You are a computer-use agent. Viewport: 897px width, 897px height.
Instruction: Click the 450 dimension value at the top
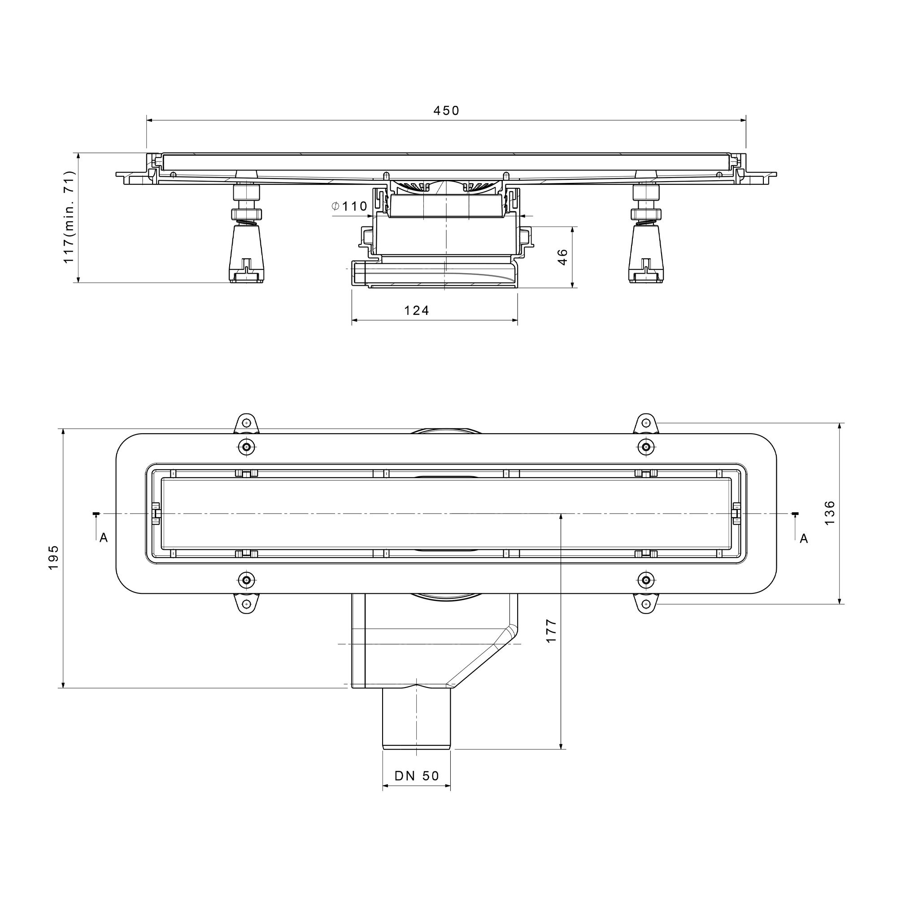pyautogui.click(x=446, y=110)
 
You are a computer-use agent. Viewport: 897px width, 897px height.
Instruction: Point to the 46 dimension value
pyautogui.click(x=562, y=257)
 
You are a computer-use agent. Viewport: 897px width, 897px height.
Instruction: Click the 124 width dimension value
pyautogui.click(x=417, y=311)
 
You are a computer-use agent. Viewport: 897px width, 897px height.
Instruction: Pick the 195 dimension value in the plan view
pyautogui.click(x=53, y=557)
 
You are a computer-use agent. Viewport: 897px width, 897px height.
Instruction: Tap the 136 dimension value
pyautogui.click(x=829, y=513)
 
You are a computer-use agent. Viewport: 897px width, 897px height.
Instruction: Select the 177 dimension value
pyautogui.click(x=551, y=631)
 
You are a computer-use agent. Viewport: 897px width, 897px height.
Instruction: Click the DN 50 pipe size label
pyautogui.click(x=417, y=776)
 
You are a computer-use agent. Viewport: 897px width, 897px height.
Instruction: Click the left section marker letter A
pyautogui.click(x=104, y=538)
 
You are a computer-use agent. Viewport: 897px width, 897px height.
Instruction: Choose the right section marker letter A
pyautogui.click(x=804, y=539)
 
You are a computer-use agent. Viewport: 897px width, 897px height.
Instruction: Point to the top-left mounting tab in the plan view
pyautogui.click(x=247, y=423)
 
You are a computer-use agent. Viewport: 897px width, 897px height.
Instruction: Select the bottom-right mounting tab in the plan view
pyautogui.click(x=646, y=604)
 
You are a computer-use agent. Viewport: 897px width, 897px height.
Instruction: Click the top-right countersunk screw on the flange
pyautogui.click(x=646, y=447)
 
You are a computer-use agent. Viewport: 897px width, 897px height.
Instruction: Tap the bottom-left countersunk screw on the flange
pyautogui.click(x=247, y=580)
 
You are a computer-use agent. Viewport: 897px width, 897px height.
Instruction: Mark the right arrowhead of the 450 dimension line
pyautogui.click(x=742, y=120)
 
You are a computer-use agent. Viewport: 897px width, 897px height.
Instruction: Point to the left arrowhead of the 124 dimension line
pyautogui.click(x=355, y=320)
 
